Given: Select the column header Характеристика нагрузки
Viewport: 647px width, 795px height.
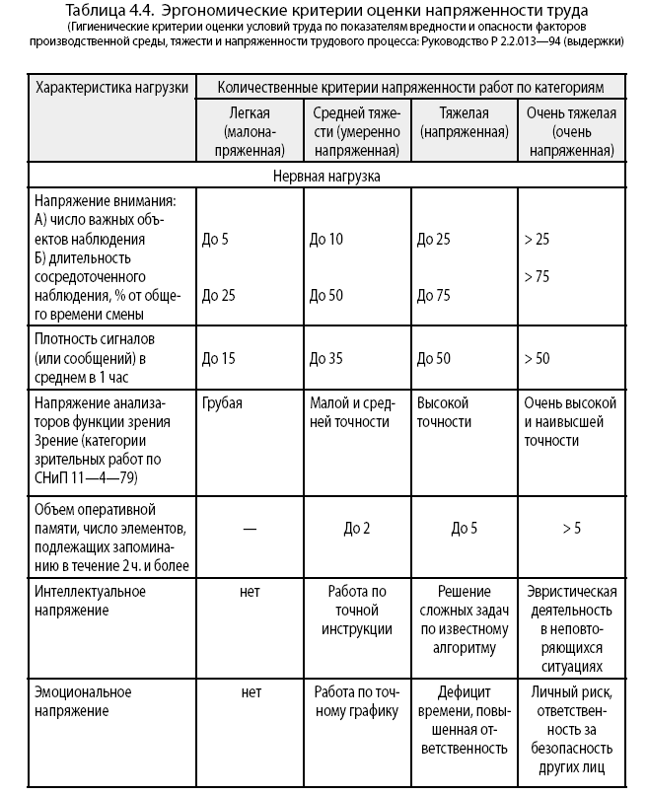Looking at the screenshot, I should tap(110, 88).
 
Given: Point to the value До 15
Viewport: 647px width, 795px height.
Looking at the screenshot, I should tap(218, 358).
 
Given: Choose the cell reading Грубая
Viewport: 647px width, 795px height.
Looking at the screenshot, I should tap(222, 403).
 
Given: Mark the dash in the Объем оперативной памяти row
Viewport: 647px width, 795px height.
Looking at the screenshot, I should tap(250, 529).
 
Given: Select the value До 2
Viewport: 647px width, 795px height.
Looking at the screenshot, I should tap(357, 529).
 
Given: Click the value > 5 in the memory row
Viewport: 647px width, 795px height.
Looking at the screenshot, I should tap(571, 529).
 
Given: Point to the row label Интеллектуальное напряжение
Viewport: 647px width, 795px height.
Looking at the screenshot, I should tap(91, 601).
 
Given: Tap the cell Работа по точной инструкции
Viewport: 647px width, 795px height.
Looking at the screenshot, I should tap(357, 611).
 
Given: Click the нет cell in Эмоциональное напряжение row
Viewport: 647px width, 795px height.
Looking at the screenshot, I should tap(250, 692).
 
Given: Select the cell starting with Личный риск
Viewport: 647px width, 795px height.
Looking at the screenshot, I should tap(571, 730).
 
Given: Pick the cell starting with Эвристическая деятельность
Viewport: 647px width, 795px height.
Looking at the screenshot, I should tap(571, 628).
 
